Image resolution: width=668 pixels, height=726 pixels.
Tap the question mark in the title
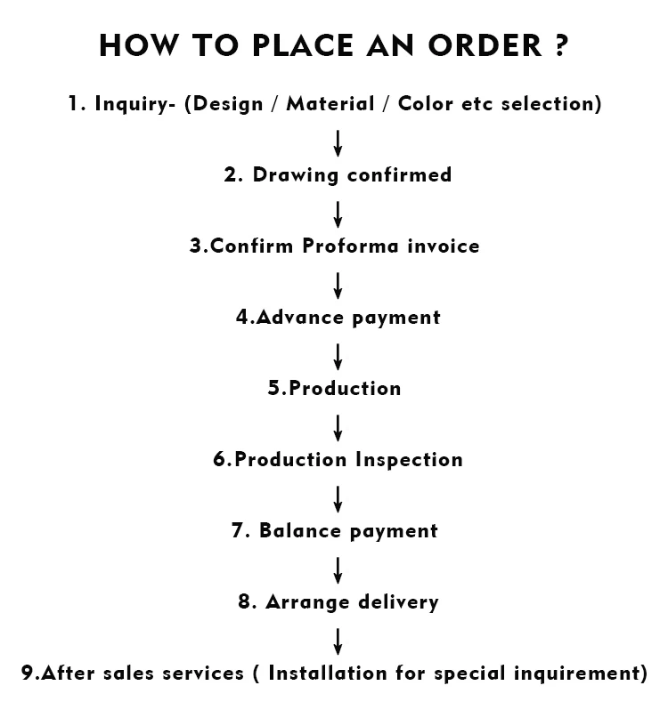(x=559, y=45)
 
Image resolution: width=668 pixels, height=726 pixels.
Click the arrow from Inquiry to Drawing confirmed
(x=338, y=142)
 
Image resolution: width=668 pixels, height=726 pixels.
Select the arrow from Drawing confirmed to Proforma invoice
(x=338, y=214)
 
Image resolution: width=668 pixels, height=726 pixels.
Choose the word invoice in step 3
(x=442, y=246)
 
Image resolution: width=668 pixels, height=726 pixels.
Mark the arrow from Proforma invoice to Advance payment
(x=338, y=285)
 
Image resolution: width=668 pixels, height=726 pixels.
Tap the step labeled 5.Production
(x=335, y=389)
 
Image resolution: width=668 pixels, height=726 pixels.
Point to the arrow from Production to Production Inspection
(x=338, y=427)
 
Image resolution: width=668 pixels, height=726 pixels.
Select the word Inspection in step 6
(x=409, y=460)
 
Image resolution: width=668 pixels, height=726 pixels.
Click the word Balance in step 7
(x=298, y=531)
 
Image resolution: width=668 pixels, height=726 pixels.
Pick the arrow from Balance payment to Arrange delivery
(x=338, y=569)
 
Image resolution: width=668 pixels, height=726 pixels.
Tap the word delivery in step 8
(x=398, y=602)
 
